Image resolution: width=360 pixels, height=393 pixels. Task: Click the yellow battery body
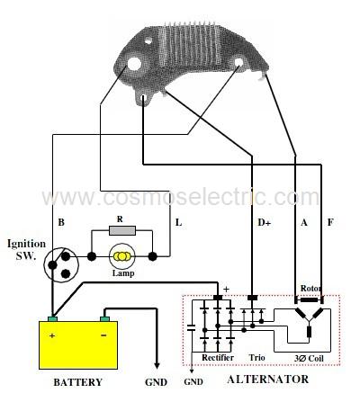(78, 345)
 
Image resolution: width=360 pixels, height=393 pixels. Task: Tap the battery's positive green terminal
(53, 318)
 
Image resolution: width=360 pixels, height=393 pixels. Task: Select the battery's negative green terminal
(104, 318)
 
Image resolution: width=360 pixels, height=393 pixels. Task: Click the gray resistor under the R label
(122, 230)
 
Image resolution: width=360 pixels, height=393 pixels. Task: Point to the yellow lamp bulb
(121, 256)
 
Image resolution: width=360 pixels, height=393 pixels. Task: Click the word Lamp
(123, 273)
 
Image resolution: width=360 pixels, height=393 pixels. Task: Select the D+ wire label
(265, 222)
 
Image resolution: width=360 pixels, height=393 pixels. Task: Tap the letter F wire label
(330, 222)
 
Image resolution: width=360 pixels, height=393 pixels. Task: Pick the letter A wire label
(304, 223)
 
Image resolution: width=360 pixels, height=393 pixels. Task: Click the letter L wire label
(179, 223)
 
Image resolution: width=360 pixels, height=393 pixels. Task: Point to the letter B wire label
(61, 222)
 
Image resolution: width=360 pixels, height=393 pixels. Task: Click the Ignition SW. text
(26, 249)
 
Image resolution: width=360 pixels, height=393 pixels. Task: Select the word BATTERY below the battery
(78, 382)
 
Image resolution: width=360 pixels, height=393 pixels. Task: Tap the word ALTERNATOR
(268, 380)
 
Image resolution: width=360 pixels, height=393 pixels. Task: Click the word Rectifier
(218, 358)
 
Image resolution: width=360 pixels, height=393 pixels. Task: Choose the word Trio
(257, 358)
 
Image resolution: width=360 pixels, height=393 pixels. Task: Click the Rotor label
(311, 289)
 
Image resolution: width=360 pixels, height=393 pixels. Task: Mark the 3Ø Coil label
(309, 358)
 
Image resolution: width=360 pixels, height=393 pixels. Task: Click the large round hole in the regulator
(134, 63)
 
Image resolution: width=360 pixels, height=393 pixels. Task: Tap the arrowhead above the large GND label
(157, 365)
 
